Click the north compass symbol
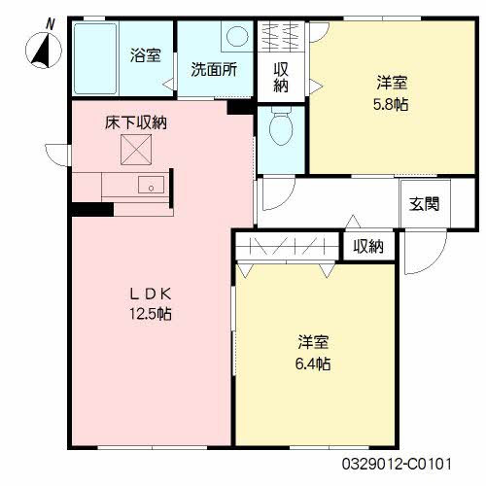44,50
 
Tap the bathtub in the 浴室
95,58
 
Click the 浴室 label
146,55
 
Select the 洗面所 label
214,69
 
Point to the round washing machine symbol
237,36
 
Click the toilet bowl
281,126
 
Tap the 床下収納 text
136,122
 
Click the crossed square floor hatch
136,150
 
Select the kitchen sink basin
151,185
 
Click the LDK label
151,294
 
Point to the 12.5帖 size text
151,314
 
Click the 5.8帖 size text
391,104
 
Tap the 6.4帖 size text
313,364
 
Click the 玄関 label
424,204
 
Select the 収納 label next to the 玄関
368,247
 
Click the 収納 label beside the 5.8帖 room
281,78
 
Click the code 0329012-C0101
397,464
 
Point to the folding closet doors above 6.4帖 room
288,247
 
